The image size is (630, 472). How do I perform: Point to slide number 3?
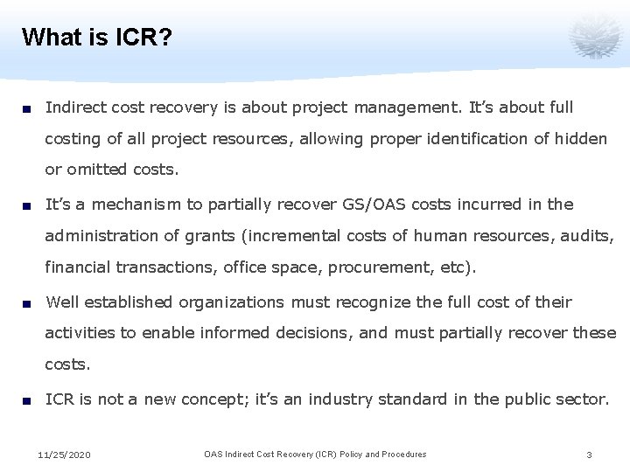[590, 455]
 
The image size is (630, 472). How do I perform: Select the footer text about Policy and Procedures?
[315, 455]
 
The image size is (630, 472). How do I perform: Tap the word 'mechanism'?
[135, 205]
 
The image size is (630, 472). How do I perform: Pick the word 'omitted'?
[94, 169]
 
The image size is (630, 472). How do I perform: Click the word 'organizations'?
[232, 302]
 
